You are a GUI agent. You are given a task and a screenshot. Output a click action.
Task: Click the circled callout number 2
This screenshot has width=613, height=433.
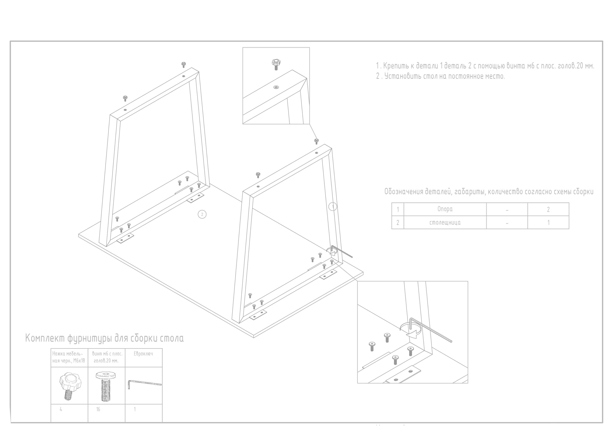point(202,214)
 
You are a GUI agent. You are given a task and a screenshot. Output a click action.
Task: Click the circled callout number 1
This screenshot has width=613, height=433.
point(333,206)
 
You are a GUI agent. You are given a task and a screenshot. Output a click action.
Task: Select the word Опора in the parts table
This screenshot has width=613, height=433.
point(445,209)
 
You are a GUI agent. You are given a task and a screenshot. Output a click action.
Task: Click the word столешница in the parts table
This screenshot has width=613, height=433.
point(445,223)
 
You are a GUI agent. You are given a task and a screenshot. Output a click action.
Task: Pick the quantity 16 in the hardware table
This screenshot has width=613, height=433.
point(98,409)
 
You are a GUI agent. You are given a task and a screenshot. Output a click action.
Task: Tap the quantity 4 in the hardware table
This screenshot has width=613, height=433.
point(61,409)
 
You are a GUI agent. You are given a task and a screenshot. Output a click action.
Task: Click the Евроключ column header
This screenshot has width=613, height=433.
point(143,354)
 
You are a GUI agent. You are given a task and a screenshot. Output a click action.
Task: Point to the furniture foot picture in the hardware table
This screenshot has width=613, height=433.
point(69,385)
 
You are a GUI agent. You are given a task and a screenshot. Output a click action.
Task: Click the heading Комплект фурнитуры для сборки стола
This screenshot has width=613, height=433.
point(104,338)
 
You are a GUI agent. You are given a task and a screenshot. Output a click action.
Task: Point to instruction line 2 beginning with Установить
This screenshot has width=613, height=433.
point(440,77)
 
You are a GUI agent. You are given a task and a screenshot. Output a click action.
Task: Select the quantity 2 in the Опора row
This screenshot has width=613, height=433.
point(548,209)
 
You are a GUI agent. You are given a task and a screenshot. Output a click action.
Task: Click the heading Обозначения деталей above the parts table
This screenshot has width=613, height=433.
point(489,192)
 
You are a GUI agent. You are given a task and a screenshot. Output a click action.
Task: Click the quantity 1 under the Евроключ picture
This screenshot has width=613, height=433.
point(135,409)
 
